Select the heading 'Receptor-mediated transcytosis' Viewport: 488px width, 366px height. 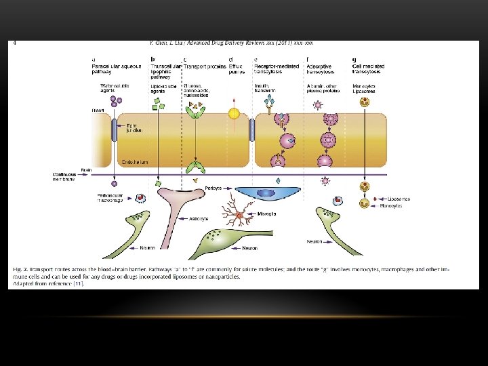pyautogui.click(x=276, y=68)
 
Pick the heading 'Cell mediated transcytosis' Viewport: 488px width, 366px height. pyautogui.click(x=368, y=68)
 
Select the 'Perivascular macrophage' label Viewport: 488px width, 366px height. pyautogui.click(x=109, y=198)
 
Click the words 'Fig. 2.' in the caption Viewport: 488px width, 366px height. pyautogui.click(x=18, y=270)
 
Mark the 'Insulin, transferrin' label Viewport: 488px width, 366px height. pyautogui.click(x=265, y=88)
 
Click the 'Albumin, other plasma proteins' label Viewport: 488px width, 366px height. pyautogui.click(x=321, y=88)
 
